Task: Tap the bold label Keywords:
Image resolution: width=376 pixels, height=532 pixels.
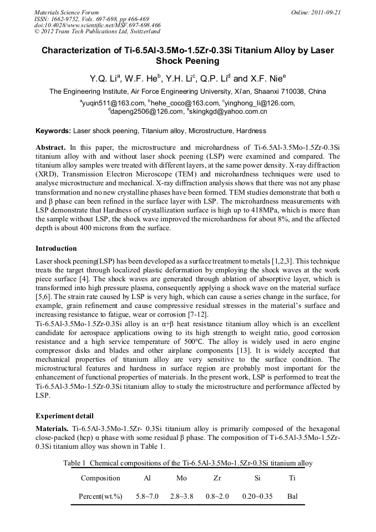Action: tap(53, 131)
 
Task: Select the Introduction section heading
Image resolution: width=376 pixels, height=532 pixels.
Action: tap(56, 248)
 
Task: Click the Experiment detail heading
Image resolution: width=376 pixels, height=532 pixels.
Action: tap(64, 416)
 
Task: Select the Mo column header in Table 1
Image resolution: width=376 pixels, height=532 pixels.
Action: tap(181, 478)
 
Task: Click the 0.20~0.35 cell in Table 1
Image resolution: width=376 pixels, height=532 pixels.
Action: tap(257, 496)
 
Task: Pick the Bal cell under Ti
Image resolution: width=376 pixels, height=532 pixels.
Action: tap(292, 496)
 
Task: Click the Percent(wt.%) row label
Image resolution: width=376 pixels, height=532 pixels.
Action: tap(101, 496)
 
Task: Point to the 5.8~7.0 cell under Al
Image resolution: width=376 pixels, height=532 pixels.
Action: tap(147, 496)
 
